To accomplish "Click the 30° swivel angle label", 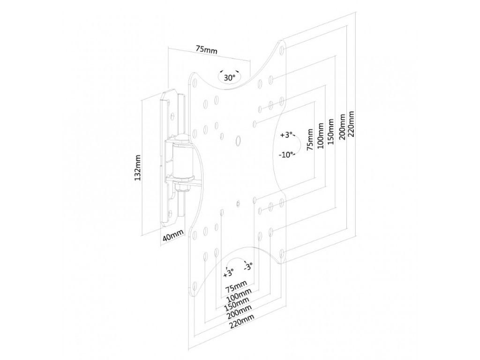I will (229, 78).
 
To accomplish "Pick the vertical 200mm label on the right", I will (342, 126).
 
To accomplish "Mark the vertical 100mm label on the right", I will (320, 136).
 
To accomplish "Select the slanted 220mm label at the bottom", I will (242, 321).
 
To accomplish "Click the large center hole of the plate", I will (238, 140).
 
